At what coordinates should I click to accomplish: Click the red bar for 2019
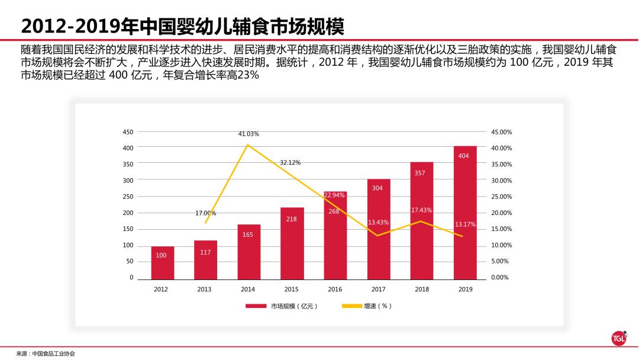pyautogui.click(x=464, y=213)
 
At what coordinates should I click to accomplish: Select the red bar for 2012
pyautogui.click(x=162, y=263)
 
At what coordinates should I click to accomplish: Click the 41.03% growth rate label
pyautogui.click(x=248, y=134)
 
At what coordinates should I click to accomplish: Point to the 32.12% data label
pyautogui.click(x=290, y=162)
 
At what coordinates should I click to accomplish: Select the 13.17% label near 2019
pyautogui.click(x=465, y=224)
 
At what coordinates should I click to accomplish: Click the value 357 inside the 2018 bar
pyautogui.click(x=421, y=173)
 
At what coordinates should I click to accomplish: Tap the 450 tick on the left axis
pyautogui.click(x=128, y=132)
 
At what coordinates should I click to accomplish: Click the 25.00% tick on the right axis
pyautogui.click(x=501, y=197)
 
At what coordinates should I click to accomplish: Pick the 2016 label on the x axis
pyautogui.click(x=335, y=290)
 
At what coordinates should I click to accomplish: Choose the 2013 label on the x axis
pyautogui.click(x=204, y=290)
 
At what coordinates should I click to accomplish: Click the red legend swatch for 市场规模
pyautogui.click(x=256, y=306)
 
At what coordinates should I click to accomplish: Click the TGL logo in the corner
pyautogui.click(x=618, y=338)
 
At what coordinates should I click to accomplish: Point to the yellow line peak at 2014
pyautogui.click(x=248, y=144)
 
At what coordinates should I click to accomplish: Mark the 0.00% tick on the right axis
pyautogui.click(x=500, y=278)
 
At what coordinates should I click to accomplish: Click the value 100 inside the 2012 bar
pyautogui.click(x=161, y=255)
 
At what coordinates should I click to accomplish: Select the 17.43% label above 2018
pyautogui.click(x=421, y=210)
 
